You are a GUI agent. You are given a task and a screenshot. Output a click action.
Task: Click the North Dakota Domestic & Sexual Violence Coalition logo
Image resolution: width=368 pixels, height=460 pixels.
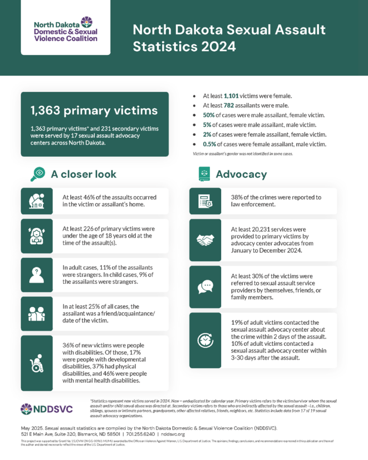coord(66,30)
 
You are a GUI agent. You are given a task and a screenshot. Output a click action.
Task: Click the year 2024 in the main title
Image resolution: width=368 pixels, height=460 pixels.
coord(217,46)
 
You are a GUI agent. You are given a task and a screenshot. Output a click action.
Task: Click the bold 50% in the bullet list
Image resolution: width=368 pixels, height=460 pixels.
coord(209,115)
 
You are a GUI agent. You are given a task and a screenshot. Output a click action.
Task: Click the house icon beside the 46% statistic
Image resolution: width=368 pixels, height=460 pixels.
coord(36,201)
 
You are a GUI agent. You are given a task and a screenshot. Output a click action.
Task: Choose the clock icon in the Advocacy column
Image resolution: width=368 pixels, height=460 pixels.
coord(205,341)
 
